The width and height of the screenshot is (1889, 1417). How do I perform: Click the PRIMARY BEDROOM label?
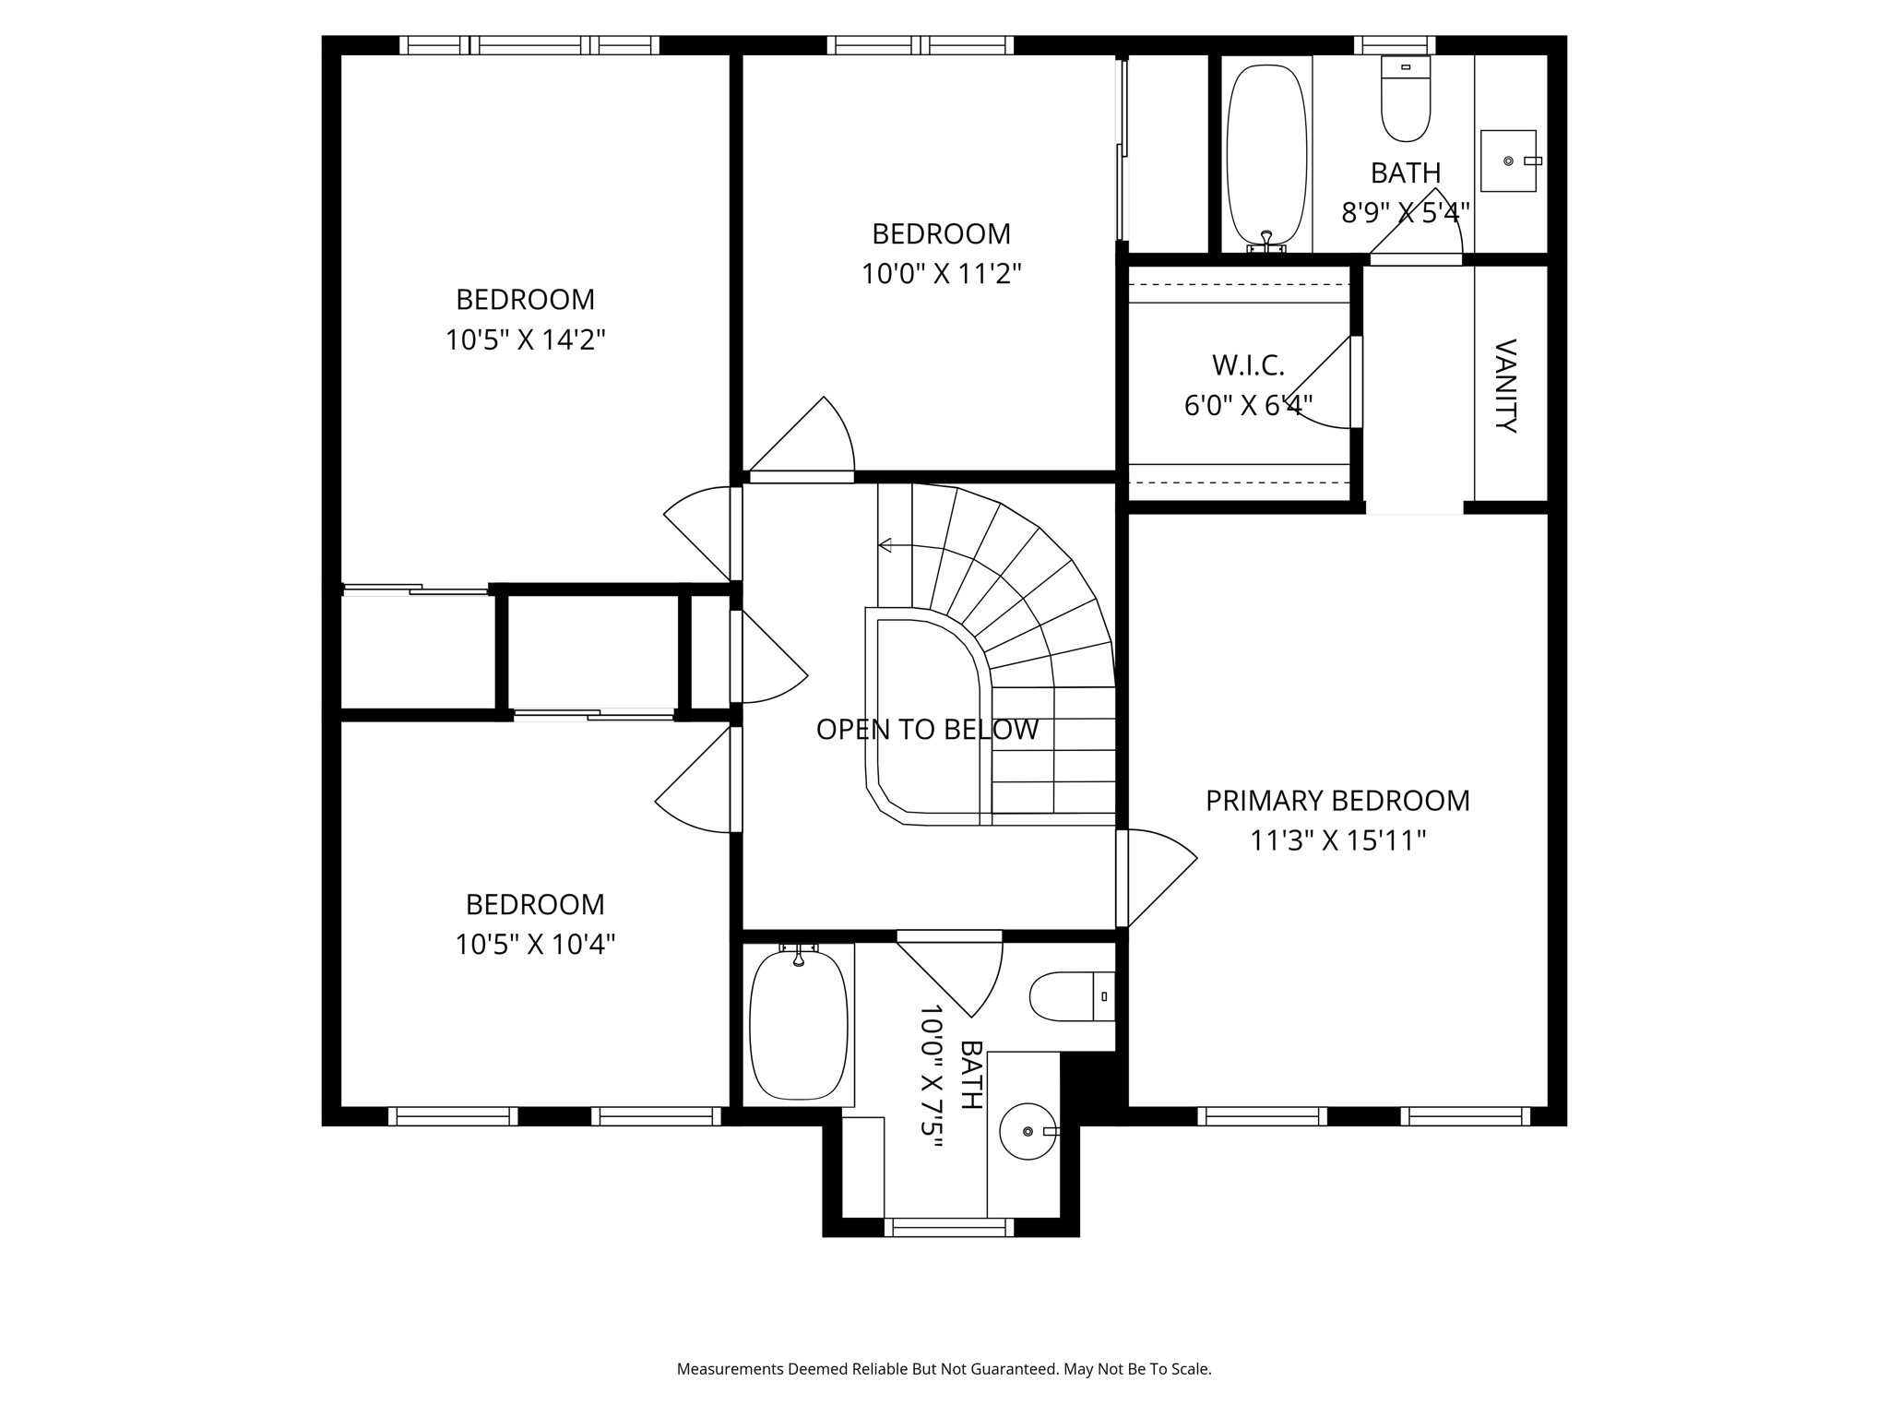(1337, 801)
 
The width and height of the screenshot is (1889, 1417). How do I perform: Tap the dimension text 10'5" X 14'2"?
(525, 340)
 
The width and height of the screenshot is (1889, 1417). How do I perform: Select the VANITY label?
(1505, 386)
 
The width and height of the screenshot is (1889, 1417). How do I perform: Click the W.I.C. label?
(1247, 365)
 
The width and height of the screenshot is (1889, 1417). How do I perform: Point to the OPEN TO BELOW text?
(927, 730)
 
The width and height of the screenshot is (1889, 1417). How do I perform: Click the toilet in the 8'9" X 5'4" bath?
(1406, 100)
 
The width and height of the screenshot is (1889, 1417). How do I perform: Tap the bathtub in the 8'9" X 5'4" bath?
(1266, 154)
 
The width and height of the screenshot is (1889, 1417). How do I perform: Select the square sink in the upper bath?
(1508, 161)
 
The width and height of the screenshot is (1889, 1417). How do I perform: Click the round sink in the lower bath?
(1028, 1131)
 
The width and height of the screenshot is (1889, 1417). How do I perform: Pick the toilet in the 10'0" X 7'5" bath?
(1070, 996)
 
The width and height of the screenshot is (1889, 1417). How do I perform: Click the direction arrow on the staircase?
(885, 545)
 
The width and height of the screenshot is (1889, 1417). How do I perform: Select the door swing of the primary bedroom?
(1158, 876)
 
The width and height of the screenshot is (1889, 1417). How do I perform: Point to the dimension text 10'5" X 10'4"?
(535, 945)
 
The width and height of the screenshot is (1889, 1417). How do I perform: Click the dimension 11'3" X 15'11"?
(1337, 841)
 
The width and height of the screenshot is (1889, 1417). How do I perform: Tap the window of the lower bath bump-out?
(949, 1227)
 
